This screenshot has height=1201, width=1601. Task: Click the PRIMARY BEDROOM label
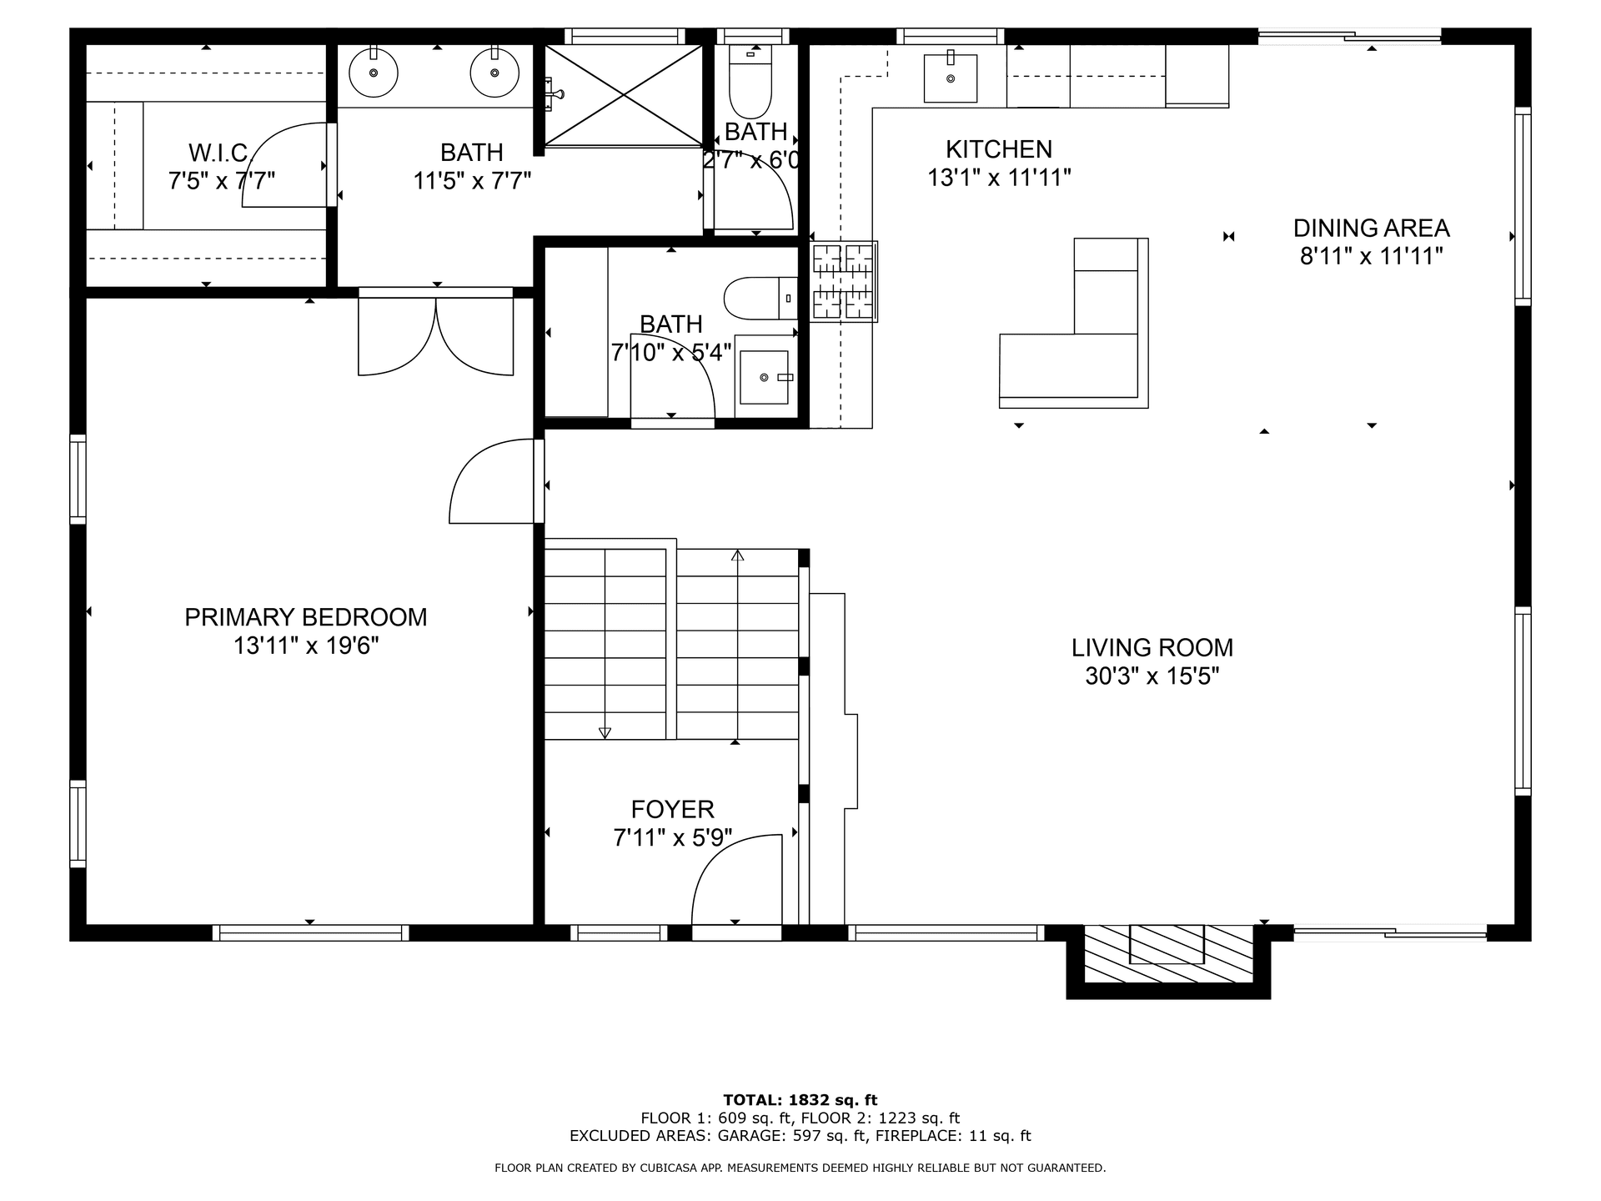click(306, 617)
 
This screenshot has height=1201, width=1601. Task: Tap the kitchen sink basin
click(951, 78)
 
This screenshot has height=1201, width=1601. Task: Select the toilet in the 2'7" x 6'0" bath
click(750, 82)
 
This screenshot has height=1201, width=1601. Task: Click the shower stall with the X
click(625, 94)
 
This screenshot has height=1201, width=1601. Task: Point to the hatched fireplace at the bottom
click(1168, 954)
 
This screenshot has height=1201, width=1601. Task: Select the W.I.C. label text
click(220, 153)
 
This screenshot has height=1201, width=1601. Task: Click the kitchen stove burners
click(843, 282)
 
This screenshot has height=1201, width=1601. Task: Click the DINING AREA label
click(1372, 228)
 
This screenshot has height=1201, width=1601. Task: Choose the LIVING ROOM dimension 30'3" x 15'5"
click(1152, 676)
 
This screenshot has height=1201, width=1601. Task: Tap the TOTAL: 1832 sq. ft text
click(800, 1100)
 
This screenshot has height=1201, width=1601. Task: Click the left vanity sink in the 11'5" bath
click(373, 72)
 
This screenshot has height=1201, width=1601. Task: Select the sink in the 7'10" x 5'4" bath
click(765, 378)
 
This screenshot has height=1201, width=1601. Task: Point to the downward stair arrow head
click(605, 733)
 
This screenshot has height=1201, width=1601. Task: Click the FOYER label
click(672, 809)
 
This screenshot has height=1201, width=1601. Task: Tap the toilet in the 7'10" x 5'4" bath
click(761, 299)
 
